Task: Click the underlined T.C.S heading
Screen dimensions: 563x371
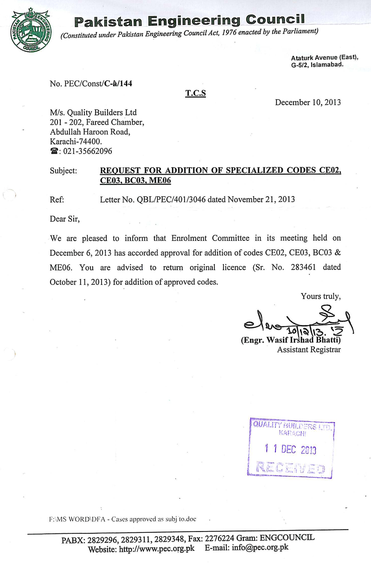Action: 196,94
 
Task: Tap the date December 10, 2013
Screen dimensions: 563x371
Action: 308,102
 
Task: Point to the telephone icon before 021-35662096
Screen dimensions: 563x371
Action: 53,151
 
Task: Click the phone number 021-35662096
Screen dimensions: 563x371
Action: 86,151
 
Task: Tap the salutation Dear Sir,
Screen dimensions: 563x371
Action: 65,219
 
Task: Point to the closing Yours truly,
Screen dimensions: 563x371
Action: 321,296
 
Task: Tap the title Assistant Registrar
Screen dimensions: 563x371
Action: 309,350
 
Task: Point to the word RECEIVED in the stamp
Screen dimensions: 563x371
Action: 290,469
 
